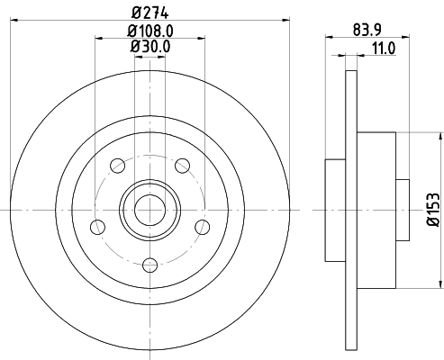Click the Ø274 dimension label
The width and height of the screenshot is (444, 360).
tap(150, 11)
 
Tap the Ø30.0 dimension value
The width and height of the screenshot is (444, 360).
tap(150, 47)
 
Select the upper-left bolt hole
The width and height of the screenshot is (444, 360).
tap(117, 165)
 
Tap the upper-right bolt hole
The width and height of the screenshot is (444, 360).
tap(182, 165)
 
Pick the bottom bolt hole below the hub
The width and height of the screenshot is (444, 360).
tap(150, 264)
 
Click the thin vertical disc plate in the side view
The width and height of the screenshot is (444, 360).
tap(350, 210)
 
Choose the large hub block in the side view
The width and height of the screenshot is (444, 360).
tap(377, 210)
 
